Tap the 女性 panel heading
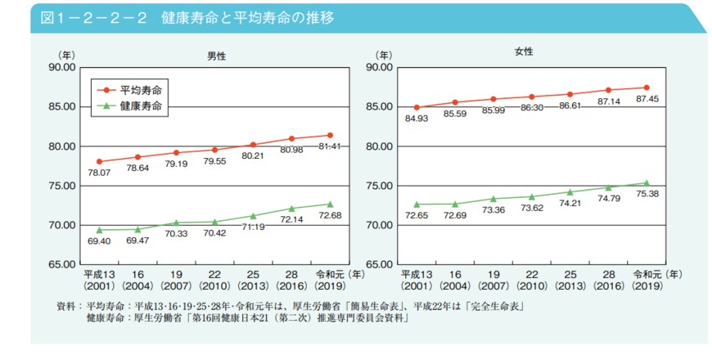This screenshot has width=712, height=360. click(x=524, y=52)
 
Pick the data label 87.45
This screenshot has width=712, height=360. click(x=647, y=99)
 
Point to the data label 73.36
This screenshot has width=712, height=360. click(x=493, y=211)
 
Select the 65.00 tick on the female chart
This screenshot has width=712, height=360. click(x=379, y=264)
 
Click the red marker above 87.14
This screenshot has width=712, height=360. click(x=608, y=90)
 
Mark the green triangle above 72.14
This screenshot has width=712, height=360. click(x=291, y=208)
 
